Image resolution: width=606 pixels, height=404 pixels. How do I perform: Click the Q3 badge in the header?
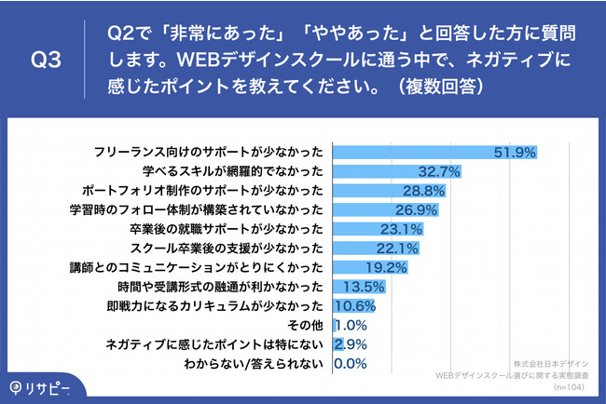(x=47, y=61)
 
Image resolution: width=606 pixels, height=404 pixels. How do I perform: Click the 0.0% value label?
(x=349, y=363)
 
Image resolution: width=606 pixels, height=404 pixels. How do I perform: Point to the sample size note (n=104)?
(x=568, y=384)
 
